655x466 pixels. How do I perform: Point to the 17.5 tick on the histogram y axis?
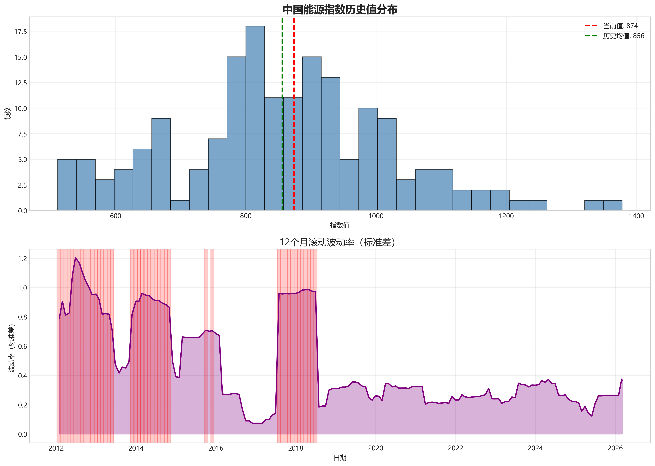pos(21,32)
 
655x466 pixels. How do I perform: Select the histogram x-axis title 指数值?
pos(340,225)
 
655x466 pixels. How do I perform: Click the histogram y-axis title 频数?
pos(8,114)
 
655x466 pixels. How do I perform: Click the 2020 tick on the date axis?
pos(375,448)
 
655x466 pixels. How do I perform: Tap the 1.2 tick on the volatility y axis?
pos(22,259)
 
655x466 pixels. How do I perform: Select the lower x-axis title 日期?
pos(340,458)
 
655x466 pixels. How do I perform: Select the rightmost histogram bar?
pos(613,205)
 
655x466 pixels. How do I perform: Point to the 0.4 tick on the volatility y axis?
pos(22,376)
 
